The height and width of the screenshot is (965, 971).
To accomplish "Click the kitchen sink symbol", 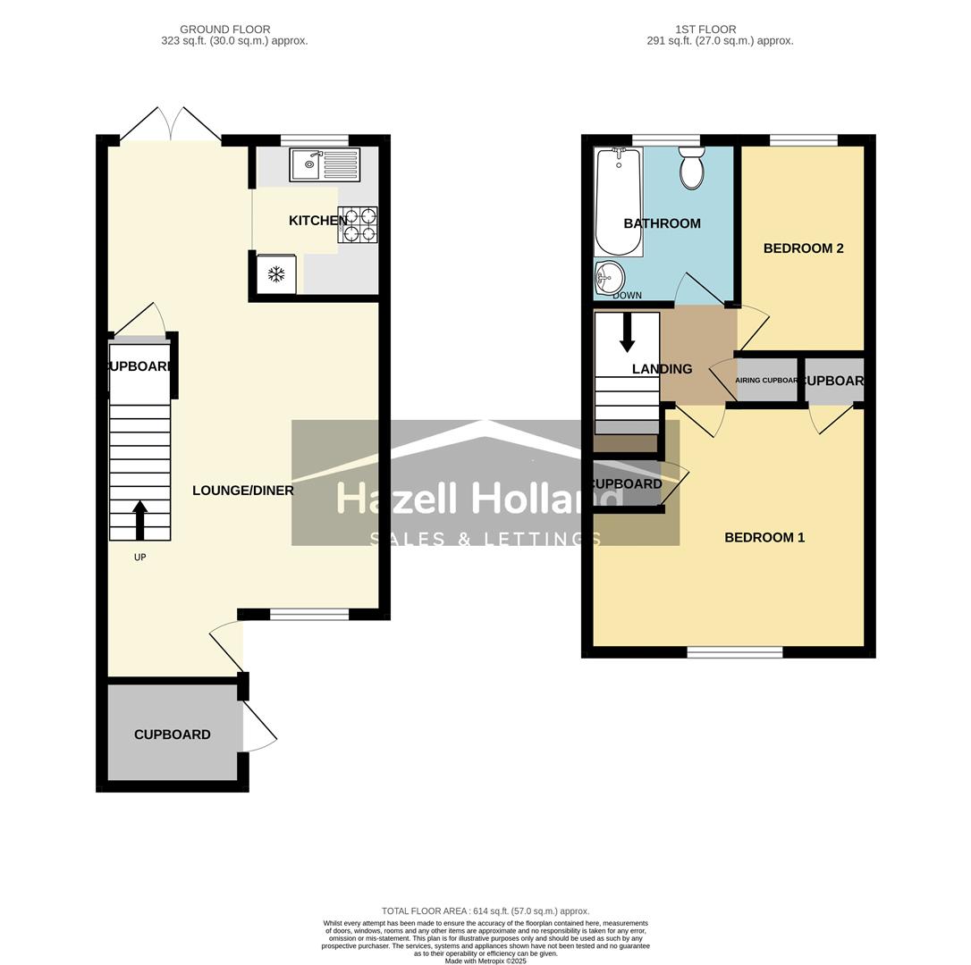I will pos(324,165).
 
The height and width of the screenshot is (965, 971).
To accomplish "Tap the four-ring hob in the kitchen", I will pos(357,225).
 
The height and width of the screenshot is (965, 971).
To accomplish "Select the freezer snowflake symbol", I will pos(276,274).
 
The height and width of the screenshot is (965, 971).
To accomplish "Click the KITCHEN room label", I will pos(317,221).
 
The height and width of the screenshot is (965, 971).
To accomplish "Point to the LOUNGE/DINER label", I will pos(242,491).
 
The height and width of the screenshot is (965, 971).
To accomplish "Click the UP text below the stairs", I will pos(139,558).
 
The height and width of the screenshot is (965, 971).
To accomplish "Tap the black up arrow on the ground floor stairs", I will pos(139,520).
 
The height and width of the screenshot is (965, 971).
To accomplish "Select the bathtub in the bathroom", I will pos(618,202).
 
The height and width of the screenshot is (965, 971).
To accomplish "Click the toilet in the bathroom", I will pos(691,169).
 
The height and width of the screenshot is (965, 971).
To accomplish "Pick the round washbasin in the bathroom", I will pos(611,277).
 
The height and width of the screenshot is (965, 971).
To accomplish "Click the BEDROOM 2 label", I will pos(803,248).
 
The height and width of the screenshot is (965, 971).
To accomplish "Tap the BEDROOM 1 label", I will pos(764,538).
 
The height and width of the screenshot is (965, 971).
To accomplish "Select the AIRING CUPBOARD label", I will pos(765,381).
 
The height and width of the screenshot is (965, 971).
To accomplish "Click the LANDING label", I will pos(662,369).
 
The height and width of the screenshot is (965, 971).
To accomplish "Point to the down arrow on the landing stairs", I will pos(627,331).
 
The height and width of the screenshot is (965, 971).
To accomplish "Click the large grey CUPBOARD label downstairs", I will pos(173,734).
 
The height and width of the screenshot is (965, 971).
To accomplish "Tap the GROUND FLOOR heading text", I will pos(224,29).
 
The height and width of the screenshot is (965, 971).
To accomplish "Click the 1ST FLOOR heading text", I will pos(705,29).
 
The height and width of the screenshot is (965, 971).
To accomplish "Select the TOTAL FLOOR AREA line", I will pos(485,911).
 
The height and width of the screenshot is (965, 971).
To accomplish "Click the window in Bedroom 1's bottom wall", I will pos(734,653).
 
